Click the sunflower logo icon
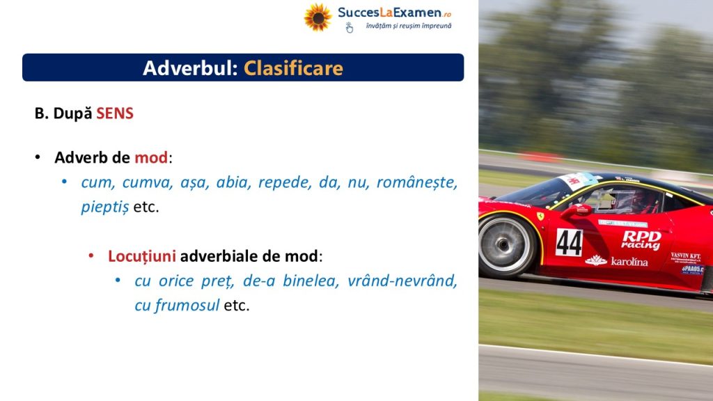(x=318, y=17)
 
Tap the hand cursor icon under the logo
(x=350, y=28)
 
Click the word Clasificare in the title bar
(x=293, y=68)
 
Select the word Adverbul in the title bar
(x=190, y=68)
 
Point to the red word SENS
(x=115, y=113)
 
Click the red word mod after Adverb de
(x=151, y=157)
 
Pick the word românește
(x=416, y=183)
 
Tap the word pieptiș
(x=105, y=207)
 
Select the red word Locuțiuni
(x=142, y=256)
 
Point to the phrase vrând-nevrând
(x=402, y=281)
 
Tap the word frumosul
(x=187, y=305)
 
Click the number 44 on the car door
(x=569, y=242)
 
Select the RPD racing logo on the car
(x=641, y=239)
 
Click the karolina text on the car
(x=629, y=262)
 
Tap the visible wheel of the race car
(x=505, y=245)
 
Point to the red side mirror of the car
(x=576, y=210)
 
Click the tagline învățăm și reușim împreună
(x=409, y=26)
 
